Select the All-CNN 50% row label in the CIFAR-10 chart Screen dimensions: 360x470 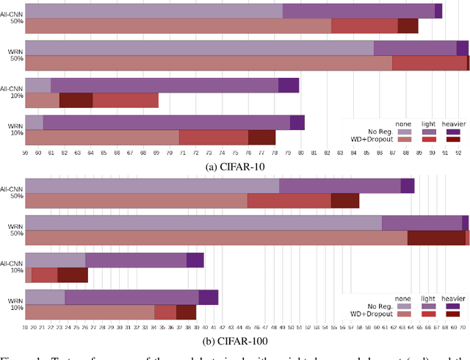click(12, 17)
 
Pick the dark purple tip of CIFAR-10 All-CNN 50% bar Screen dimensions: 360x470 click(438, 11)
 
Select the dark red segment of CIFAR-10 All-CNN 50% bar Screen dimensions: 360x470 click(408, 26)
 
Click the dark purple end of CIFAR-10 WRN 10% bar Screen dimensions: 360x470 click(297, 123)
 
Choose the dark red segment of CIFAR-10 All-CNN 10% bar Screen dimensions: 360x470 click(76, 100)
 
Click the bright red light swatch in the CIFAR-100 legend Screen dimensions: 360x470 click(428, 314)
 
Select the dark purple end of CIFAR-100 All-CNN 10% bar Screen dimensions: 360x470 click(195, 260)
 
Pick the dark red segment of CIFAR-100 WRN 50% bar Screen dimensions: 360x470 click(436, 237)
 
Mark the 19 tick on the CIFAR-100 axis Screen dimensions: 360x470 click(25, 328)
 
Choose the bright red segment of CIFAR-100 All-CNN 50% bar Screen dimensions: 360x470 click(289, 201)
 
